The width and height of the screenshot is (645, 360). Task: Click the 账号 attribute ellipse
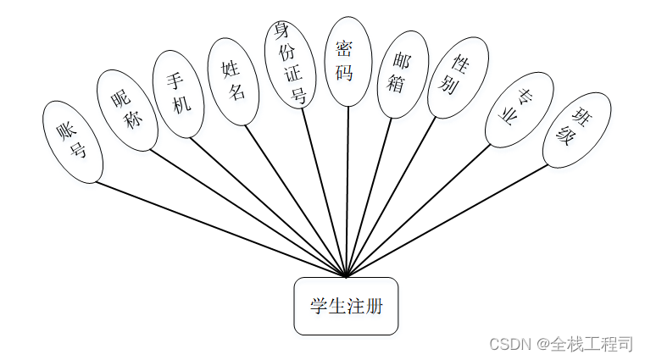(x=72, y=142)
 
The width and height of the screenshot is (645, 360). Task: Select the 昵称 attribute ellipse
(x=126, y=110)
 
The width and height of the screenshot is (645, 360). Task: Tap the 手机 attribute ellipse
(x=178, y=93)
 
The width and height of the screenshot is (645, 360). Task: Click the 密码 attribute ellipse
(x=348, y=61)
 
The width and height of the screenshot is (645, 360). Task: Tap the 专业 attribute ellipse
(x=519, y=109)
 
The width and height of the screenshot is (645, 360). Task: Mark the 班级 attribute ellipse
(x=576, y=130)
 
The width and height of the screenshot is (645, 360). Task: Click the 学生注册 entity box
(x=346, y=306)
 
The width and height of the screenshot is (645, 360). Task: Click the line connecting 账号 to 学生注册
(x=220, y=230)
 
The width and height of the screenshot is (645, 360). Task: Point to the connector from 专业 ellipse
(x=420, y=211)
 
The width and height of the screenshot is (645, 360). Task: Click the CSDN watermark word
(x=509, y=344)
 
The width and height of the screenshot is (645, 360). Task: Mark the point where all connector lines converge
(x=346, y=276)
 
